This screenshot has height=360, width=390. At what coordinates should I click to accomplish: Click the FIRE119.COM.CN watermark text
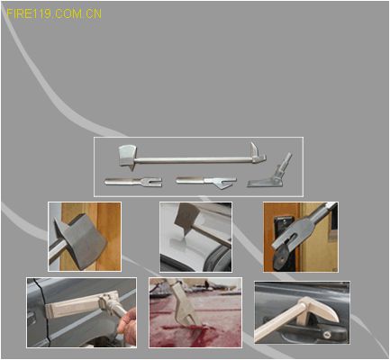(x=54, y=13)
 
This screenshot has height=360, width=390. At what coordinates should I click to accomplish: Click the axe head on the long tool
(x=127, y=156)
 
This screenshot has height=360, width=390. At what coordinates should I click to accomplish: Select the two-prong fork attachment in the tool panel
(x=133, y=182)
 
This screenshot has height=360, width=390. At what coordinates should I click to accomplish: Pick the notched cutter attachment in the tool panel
(x=206, y=182)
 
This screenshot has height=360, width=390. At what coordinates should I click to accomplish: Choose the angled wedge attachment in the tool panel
(x=270, y=174)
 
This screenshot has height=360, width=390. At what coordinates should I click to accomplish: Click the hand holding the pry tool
(x=128, y=327)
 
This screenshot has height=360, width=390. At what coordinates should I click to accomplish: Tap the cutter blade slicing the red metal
(x=185, y=308)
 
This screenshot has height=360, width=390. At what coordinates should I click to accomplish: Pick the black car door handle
(x=304, y=330)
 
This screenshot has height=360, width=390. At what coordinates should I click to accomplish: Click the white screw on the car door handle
(x=327, y=334)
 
